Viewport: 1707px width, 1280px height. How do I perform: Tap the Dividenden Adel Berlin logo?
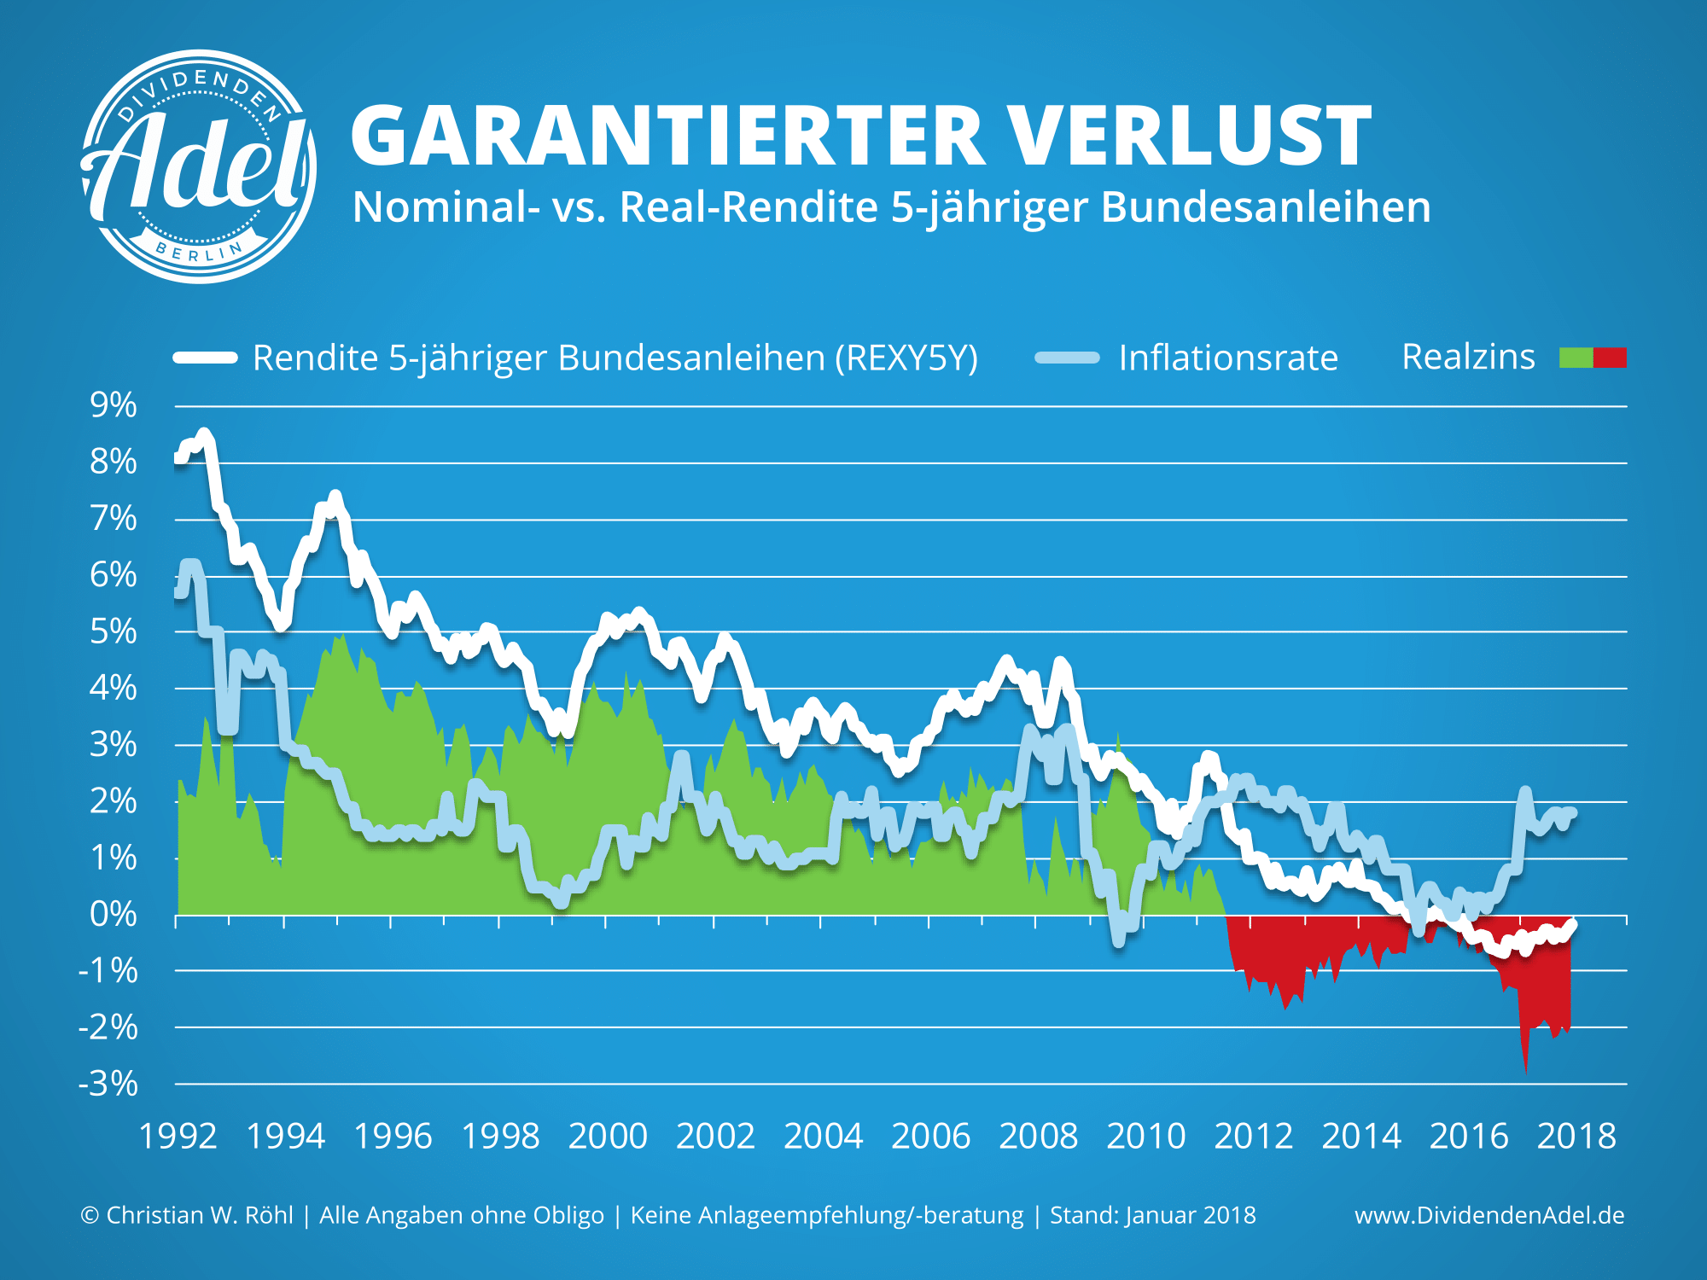(x=199, y=166)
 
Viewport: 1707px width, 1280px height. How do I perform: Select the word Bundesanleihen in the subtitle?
(x=1266, y=207)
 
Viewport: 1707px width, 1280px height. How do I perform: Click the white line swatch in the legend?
(x=206, y=358)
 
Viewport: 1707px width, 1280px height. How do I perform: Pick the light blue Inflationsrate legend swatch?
(x=1067, y=358)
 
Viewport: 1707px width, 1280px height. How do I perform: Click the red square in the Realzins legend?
(x=1610, y=358)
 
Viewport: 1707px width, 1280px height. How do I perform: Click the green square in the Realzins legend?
(x=1576, y=358)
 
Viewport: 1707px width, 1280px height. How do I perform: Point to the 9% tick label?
(x=114, y=405)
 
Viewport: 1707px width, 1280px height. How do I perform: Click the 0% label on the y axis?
(x=114, y=915)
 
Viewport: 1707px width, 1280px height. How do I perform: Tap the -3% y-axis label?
(x=108, y=1084)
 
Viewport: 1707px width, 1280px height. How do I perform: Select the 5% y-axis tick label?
(x=114, y=632)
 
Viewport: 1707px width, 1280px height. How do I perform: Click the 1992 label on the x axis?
(x=178, y=1137)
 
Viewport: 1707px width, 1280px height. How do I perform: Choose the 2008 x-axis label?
(x=1038, y=1137)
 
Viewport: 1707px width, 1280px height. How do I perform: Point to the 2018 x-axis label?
(x=1576, y=1137)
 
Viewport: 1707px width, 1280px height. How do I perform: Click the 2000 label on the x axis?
(x=608, y=1137)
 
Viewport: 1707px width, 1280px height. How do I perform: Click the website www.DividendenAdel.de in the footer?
(x=1489, y=1215)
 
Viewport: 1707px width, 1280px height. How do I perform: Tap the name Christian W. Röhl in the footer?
(x=199, y=1215)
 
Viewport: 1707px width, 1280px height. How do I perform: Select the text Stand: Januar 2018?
(x=1152, y=1215)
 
